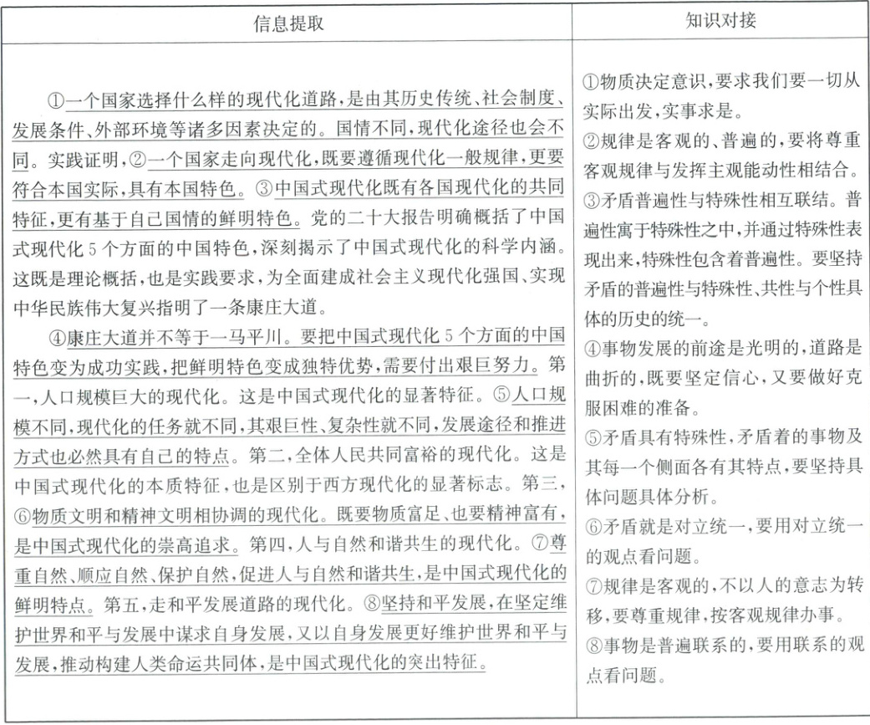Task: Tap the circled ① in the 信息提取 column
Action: (56, 102)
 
